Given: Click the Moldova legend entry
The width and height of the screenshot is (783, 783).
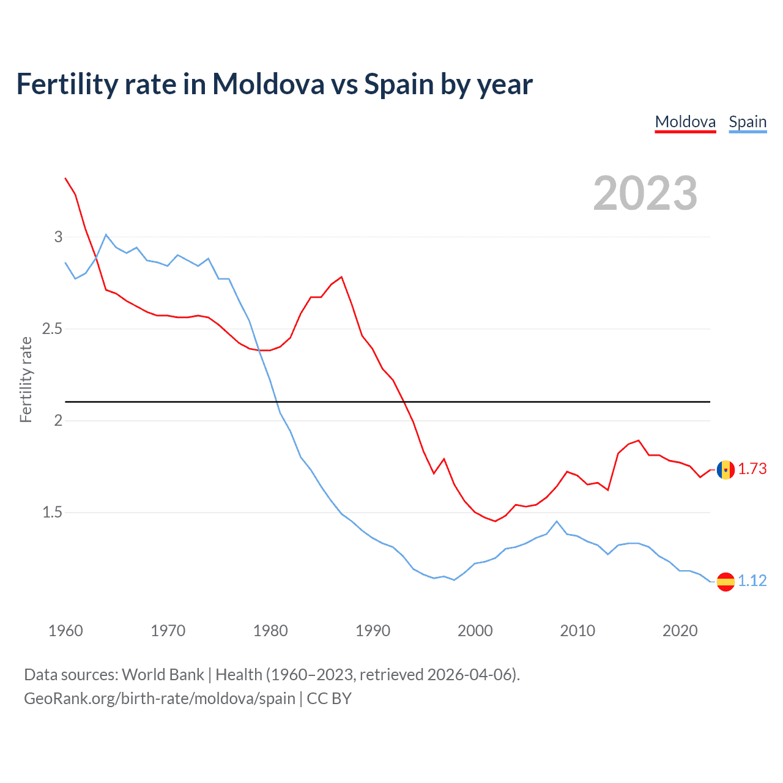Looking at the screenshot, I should click(685, 122).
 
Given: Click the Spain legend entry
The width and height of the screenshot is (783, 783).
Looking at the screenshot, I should click(748, 122).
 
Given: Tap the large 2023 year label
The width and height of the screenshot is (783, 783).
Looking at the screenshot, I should click(645, 193).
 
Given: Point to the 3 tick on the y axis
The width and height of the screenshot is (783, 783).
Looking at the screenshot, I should click(58, 237).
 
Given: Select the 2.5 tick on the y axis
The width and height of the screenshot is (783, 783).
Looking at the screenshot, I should click(52, 329).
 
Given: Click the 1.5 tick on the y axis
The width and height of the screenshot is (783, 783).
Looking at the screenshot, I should click(52, 513).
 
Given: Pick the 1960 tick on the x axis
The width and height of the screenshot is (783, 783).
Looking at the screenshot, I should click(65, 631).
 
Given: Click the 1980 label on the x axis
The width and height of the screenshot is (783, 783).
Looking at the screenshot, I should click(270, 631).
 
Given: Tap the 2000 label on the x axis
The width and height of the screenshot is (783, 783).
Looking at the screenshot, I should click(475, 631).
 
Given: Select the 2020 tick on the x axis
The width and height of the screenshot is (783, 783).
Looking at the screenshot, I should click(680, 631).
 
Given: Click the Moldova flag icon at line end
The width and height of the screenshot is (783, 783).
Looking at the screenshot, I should click(725, 470).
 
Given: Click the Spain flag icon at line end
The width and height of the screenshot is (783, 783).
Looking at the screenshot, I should click(725, 581).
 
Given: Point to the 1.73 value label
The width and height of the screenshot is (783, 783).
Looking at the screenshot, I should click(752, 469).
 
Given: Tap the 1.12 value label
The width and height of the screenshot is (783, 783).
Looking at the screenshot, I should click(752, 581).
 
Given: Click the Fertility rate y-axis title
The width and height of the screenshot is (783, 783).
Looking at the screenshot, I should click(26, 379).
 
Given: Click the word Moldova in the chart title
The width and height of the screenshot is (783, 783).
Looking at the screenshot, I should click(268, 84).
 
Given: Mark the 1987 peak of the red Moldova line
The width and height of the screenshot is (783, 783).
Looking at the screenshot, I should click(341, 276).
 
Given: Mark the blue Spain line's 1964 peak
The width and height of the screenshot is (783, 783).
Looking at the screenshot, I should click(106, 234).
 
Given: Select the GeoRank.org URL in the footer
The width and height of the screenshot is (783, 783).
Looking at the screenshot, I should click(159, 699).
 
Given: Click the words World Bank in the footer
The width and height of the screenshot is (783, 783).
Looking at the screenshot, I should click(163, 675).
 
